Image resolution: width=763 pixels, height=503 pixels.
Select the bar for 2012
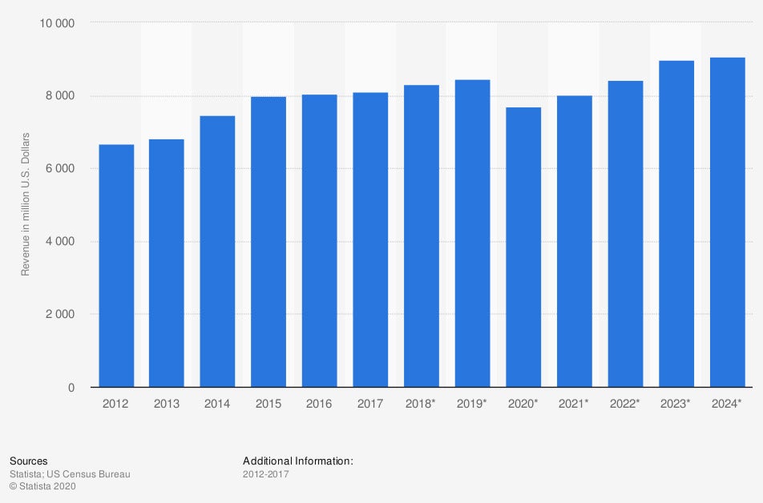pos(116,266)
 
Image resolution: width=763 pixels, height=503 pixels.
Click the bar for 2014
pos(217,251)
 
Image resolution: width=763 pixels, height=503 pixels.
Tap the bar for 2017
pos(370,240)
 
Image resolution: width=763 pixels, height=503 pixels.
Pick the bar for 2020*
pos(523,247)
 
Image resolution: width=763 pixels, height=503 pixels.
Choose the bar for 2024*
pos(728,223)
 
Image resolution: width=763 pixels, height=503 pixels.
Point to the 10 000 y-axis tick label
pos(57,23)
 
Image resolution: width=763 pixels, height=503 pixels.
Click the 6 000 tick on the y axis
pos(60,169)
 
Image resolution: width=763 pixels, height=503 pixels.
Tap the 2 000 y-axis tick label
pos(60,315)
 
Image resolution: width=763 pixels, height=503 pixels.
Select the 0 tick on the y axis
pos(71,388)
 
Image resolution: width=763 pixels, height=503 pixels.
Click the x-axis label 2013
pos(167,404)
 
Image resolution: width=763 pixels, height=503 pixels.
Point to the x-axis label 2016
pos(320,404)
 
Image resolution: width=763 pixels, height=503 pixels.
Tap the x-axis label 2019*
pos(471,404)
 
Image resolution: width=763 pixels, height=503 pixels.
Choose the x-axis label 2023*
pos(676,404)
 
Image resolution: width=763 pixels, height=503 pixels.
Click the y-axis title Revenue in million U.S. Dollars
pos(25,204)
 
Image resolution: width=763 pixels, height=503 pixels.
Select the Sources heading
pos(28,461)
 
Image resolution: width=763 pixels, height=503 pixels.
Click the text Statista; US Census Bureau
pos(70,474)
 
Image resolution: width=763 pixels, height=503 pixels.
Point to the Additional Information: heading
pos(297,461)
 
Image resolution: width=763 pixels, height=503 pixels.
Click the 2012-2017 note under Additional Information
pos(265,474)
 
